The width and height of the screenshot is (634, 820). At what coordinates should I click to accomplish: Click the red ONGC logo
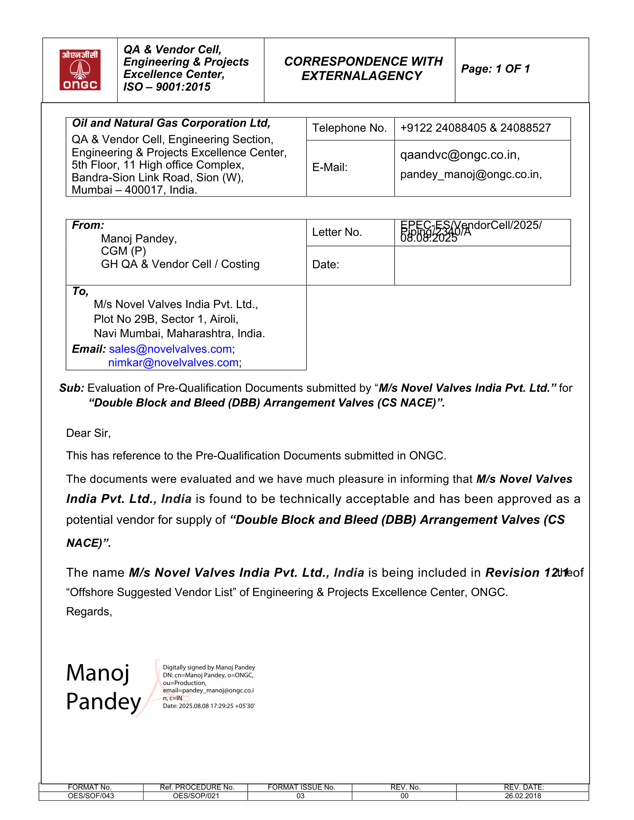[80, 70]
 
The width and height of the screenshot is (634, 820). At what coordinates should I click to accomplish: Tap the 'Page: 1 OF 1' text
[495, 69]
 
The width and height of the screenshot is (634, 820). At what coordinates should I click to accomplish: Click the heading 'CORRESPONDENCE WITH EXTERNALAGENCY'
[363, 69]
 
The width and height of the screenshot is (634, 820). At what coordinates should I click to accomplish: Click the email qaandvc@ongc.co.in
[460, 155]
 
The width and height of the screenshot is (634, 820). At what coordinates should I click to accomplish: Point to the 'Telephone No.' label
[349, 128]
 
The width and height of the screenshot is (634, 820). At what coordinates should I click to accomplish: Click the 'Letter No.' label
[337, 232]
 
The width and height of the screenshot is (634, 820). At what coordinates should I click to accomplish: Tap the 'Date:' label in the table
[325, 265]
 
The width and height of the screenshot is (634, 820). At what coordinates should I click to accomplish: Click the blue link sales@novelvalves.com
[170, 349]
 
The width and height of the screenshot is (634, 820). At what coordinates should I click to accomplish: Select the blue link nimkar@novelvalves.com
[173, 363]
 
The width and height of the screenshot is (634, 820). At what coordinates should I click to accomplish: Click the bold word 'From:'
[88, 225]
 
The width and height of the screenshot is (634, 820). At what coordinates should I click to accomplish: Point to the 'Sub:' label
[71, 388]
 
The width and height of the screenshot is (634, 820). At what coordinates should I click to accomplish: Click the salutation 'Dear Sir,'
[88, 433]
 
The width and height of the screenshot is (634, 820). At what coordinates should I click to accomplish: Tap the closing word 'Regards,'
[89, 612]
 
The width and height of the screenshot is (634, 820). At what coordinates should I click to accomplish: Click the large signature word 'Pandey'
[103, 702]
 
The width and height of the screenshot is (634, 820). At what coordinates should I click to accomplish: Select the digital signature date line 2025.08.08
[208, 706]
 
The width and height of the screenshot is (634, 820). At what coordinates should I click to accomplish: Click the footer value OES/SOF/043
[91, 796]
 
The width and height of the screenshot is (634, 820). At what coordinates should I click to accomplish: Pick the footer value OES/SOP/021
[196, 796]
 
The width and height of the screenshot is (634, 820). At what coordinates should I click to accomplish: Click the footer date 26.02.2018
[523, 796]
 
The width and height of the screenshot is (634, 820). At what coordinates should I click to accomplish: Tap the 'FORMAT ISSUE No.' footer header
[301, 787]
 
